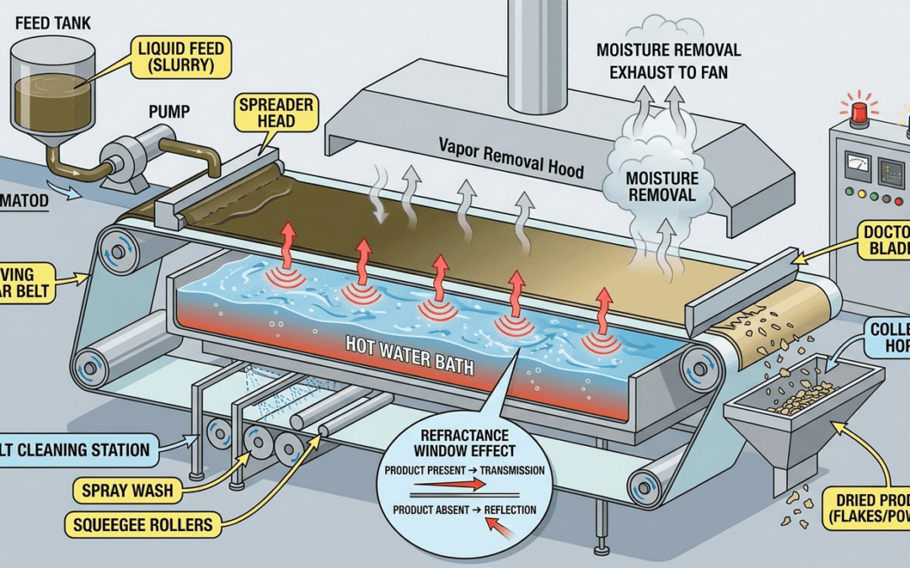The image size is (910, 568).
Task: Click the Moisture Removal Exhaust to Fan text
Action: (x=668, y=61)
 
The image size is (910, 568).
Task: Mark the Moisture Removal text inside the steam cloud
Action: (x=661, y=187)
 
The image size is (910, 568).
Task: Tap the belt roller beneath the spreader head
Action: (x=115, y=249)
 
